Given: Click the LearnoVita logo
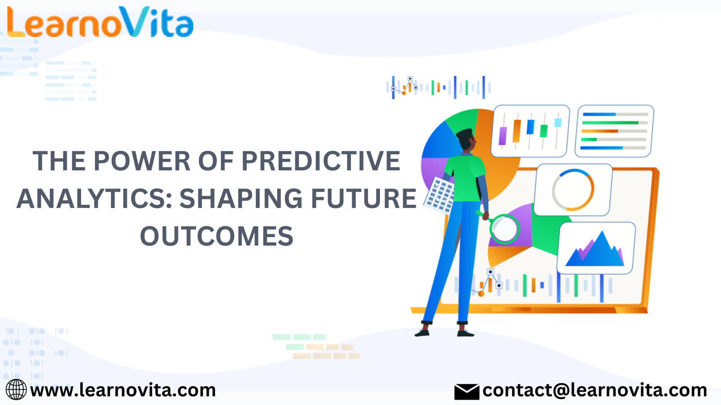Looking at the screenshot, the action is pos(100,22).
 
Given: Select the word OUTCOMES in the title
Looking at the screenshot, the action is pos(217,236).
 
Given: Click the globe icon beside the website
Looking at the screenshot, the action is pos(16,390).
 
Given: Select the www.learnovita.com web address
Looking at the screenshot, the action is pos(123,390).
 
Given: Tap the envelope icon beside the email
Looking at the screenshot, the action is pos(467,391).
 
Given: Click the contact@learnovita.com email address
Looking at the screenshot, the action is pos(594,390).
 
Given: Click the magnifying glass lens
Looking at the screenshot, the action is pos(504,229).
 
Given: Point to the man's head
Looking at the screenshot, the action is pos(466,139).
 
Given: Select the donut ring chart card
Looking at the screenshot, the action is pos(573,189).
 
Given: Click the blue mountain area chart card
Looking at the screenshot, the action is pos(596,248).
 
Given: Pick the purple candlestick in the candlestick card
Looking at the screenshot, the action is pos(502,136).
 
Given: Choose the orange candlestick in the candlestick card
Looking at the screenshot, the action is pos(516,131).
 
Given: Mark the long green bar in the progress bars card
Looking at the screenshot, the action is pos(611,122).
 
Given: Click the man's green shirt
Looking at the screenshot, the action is pos(465,177).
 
